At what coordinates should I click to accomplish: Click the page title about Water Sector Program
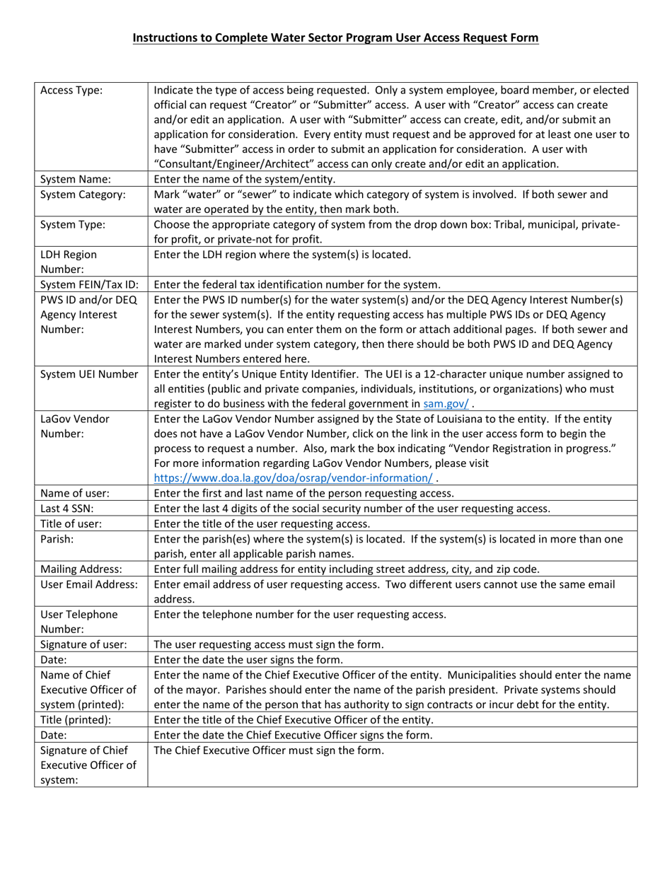pos(336,37)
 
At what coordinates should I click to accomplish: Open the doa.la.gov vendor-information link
pos(294,477)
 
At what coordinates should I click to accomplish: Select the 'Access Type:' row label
pos(71,91)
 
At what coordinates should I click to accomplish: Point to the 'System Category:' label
pos(82,195)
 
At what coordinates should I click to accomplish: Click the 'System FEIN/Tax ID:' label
pos(89,284)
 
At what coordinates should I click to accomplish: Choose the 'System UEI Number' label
pos(89,374)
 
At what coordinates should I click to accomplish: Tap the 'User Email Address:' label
pos(89,584)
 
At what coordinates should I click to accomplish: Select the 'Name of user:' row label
pos(75,494)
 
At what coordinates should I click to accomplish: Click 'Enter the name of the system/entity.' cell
pos(245,180)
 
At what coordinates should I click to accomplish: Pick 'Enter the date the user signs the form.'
pos(248,659)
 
